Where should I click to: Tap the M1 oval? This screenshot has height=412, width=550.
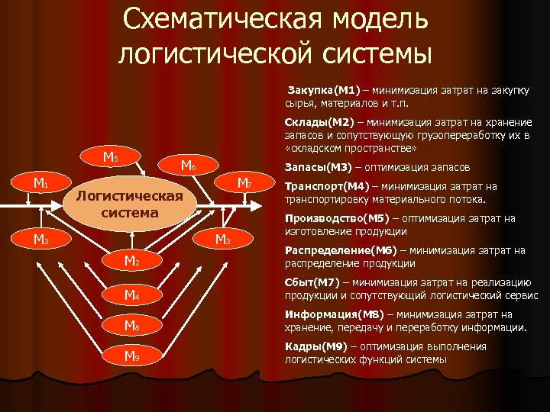click(x=40, y=183)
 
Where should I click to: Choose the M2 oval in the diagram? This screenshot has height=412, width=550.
click(x=131, y=262)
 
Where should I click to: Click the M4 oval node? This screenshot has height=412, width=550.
click(x=131, y=294)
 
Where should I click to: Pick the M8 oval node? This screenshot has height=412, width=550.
click(x=131, y=326)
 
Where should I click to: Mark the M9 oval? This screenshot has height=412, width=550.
click(x=131, y=356)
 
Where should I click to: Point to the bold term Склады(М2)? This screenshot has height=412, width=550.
click(x=319, y=123)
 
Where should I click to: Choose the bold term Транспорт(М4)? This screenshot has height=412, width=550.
click(x=327, y=186)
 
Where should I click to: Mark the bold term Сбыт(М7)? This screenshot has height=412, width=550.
click(x=309, y=282)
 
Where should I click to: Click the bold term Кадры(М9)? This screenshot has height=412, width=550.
click(x=312, y=346)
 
